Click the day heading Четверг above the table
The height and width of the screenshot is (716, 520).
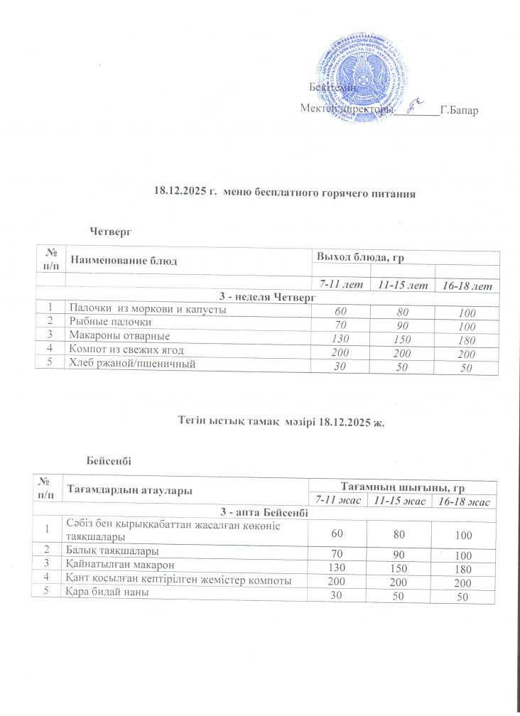pyautogui.click(x=112, y=231)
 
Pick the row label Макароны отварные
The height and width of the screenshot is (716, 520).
pyautogui.click(x=118, y=335)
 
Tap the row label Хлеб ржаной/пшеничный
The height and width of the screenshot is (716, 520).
pyautogui.click(x=131, y=364)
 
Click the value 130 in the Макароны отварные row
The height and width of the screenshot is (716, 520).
pyautogui.click(x=339, y=339)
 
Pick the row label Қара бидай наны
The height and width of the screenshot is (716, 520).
pyautogui.click(x=107, y=592)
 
